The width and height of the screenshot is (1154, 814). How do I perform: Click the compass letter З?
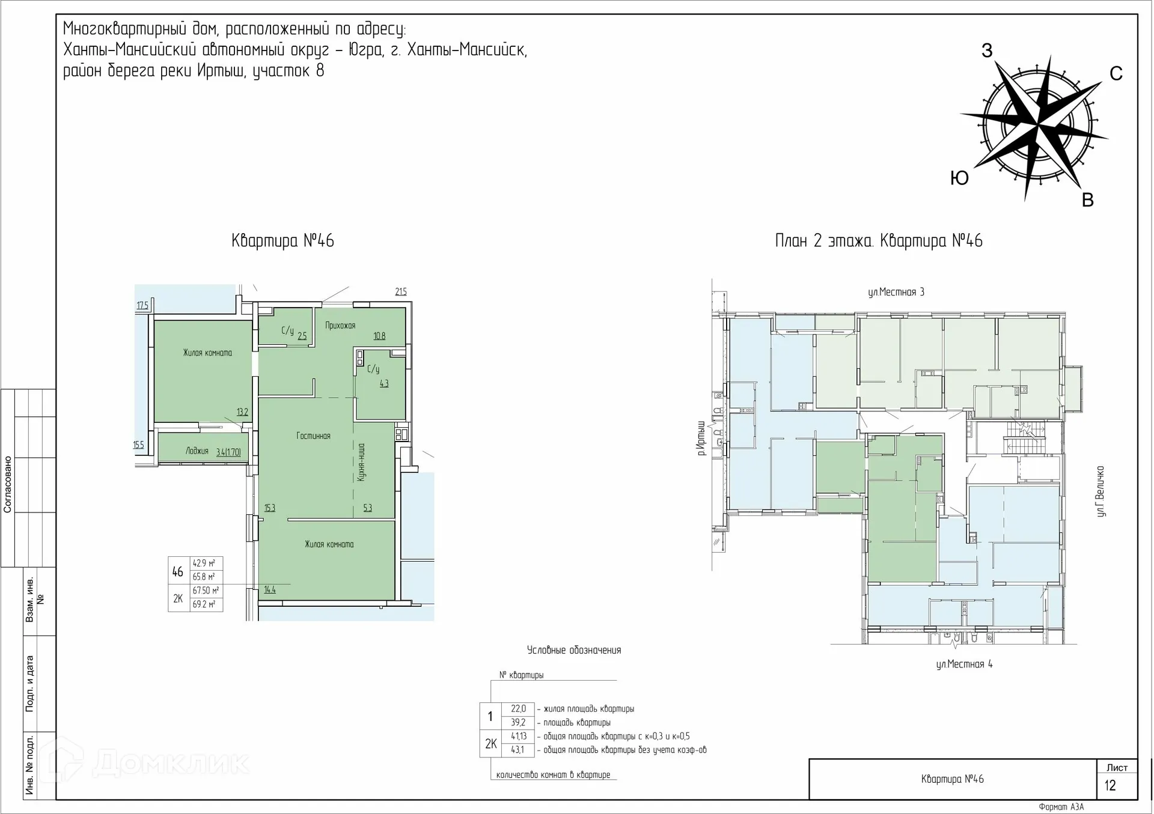point(987,50)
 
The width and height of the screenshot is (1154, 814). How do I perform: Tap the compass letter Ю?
point(960,178)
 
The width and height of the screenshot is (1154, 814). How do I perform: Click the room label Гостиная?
point(313,436)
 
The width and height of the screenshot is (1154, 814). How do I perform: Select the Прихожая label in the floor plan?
point(340,326)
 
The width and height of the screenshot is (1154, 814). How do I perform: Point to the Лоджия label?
point(197,451)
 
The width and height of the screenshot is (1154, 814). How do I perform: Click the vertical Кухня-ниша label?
point(361,462)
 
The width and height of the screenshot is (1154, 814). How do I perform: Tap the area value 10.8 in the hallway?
point(379,336)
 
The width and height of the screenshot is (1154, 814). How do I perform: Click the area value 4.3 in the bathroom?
point(384,383)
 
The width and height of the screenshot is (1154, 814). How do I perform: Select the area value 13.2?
point(242,412)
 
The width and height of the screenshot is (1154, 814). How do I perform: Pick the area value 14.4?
point(270,590)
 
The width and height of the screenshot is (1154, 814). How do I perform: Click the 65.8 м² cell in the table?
point(204,577)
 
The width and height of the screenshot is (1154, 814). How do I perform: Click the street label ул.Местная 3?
point(896,293)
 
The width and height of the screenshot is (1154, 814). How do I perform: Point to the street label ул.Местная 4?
point(964,664)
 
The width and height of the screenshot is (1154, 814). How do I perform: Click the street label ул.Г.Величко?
point(1101,491)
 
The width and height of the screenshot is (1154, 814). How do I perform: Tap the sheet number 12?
point(1110,786)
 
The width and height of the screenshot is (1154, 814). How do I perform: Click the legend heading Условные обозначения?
point(574,650)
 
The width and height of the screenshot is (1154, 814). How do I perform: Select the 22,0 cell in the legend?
point(518,709)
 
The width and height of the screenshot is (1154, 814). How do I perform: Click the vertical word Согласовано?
point(8,484)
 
